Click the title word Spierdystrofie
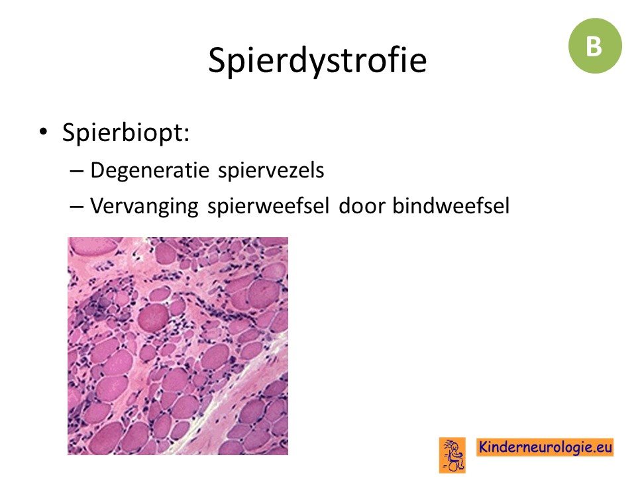[x=317, y=61]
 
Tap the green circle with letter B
[x=595, y=46]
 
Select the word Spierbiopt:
[x=126, y=133]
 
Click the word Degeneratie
[x=149, y=170]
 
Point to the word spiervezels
[x=272, y=170]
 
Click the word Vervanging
[x=144, y=205]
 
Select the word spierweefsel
[x=268, y=205]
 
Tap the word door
[x=360, y=205]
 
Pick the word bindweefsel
[x=450, y=205]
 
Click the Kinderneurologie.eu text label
[x=545, y=447]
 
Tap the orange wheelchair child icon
[x=452, y=454]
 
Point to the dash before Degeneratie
[x=77, y=171]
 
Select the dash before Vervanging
[x=77, y=206]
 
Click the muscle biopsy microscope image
[x=178, y=346]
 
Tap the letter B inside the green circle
[x=594, y=46]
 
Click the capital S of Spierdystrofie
[x=218, y=60]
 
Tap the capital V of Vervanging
[x=97, y=205]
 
